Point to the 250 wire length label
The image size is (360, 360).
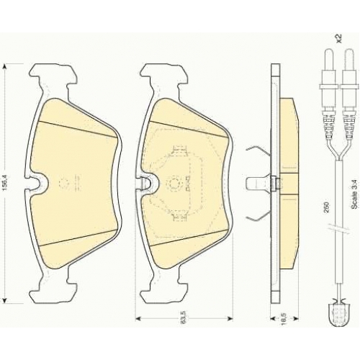[x=326, y=207]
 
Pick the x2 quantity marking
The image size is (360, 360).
[x=338, y=38]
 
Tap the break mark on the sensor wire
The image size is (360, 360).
[x=338, y=229]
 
